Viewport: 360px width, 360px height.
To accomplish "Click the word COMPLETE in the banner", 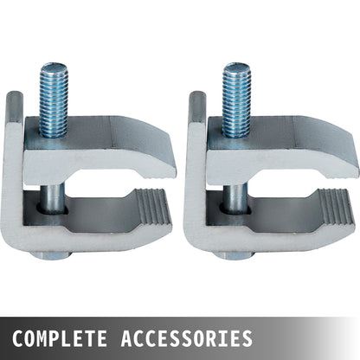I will pyautogui.click(x=60, y=336).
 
